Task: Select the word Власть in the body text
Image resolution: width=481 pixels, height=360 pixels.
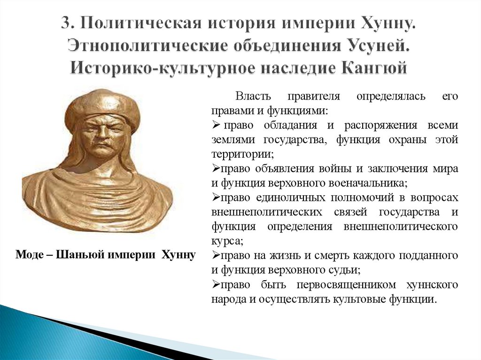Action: click(x=254, y=97)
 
